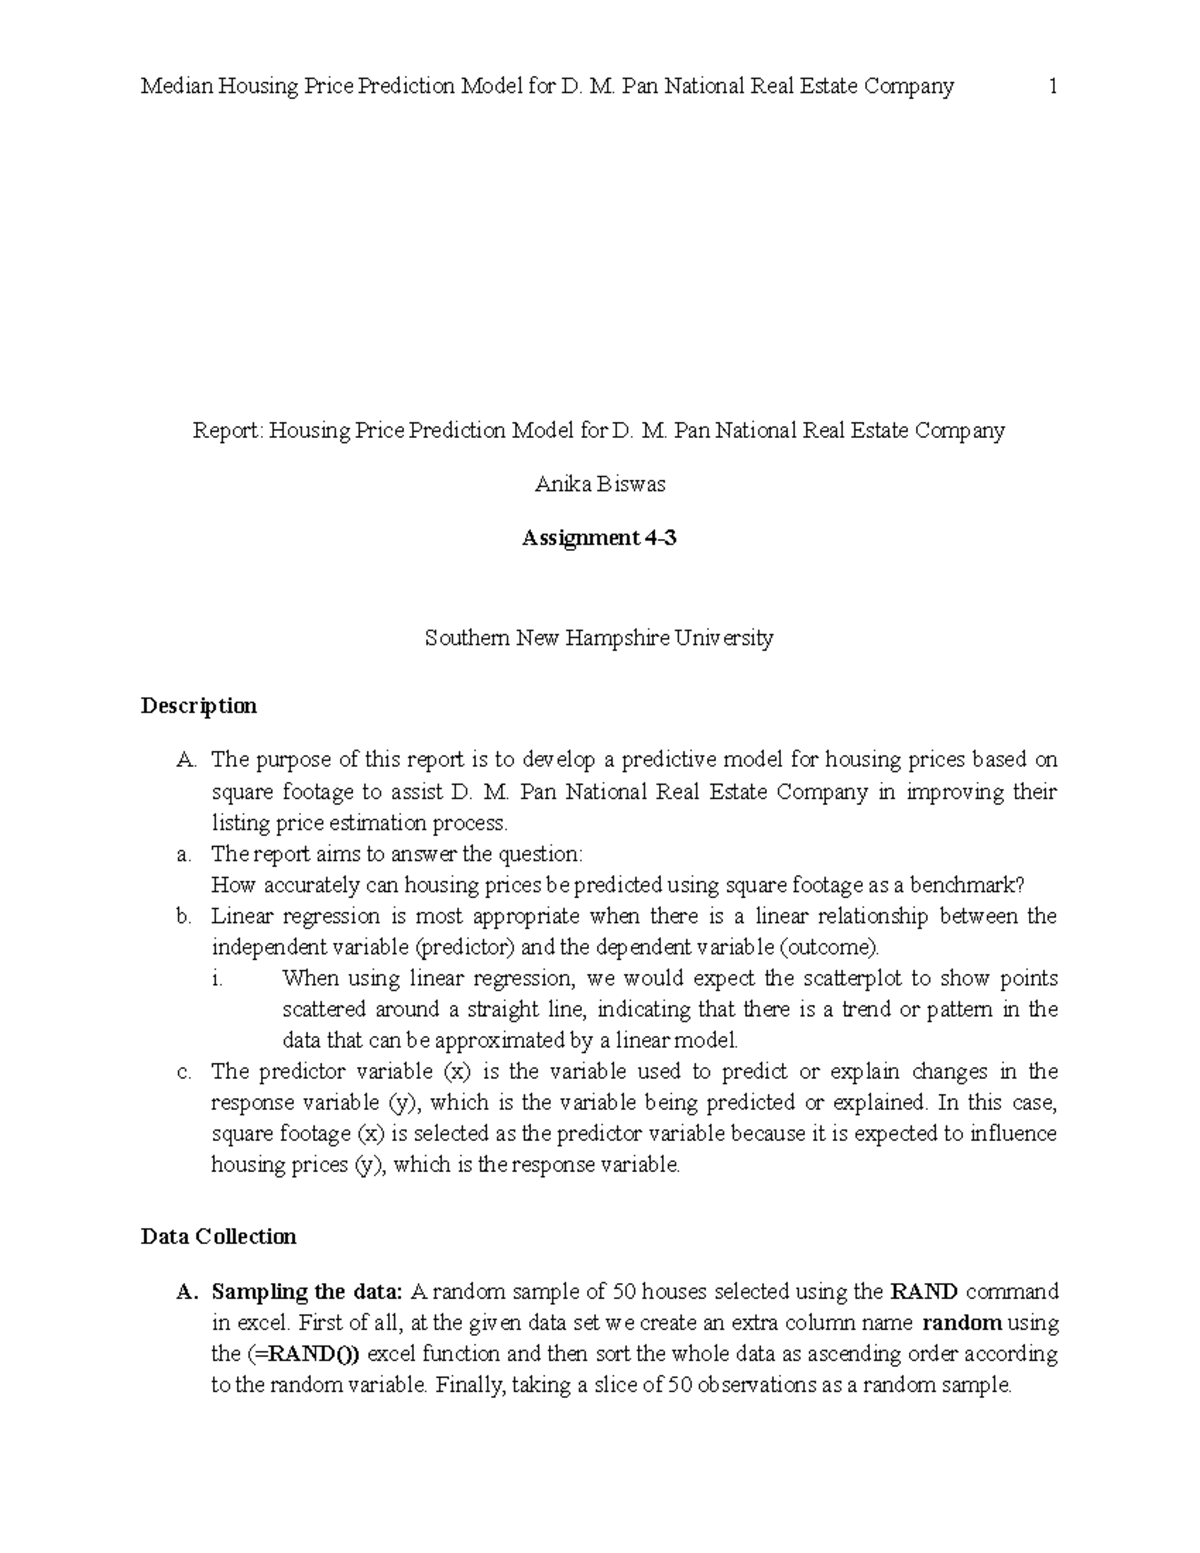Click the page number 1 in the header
coord(1052,87)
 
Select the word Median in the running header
coord(176,87)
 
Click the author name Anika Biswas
coord(600,485)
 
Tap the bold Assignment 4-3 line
coord(599,538)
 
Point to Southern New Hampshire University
coord(599,637)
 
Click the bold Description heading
coord(199,706)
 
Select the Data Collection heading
coord(219,1237)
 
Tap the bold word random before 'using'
coord(962,1323)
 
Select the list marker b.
coord(182,916)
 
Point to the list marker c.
coord(182,1072)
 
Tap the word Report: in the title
coord(227,431)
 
